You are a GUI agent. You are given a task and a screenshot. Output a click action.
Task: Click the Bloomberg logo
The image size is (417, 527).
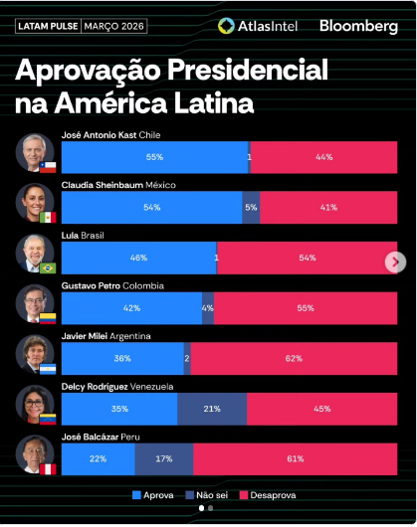[x=358, y=27]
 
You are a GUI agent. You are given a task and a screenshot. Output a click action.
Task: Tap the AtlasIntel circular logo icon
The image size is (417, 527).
[x=226, y=26]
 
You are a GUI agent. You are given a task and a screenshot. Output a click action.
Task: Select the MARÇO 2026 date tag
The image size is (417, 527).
[x=113, y=26]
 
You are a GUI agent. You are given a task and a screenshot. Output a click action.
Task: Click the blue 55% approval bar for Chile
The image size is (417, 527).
[x=154, y=157]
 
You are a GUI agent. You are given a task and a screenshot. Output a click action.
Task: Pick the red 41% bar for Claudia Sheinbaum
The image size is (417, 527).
[x=328, y=208]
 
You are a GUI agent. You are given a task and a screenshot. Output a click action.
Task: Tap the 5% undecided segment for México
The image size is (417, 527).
[x=251, y=208]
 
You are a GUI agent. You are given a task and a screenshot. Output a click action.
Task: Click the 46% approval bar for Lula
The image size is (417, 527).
[x=139, y=258]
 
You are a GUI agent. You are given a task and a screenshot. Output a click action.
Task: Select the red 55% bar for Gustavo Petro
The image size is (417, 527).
[x=306, y=308]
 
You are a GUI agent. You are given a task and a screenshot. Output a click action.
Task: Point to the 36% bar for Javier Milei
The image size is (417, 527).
[x=122, y=359]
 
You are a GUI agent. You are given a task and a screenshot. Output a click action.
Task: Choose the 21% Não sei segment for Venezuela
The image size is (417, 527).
[x=212, y=409]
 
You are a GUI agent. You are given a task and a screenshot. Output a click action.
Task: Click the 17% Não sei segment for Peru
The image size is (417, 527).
[x=164, y=459]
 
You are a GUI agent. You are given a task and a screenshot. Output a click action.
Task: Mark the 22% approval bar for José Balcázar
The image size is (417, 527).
[x=99, y=459]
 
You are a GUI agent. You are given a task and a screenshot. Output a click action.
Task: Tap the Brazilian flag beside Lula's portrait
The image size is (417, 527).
[x=48, y=268]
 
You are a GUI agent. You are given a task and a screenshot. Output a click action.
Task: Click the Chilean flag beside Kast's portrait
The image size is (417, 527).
[x=48, y=167]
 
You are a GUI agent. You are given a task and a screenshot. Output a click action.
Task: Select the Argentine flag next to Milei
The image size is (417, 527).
[x=48, y=369]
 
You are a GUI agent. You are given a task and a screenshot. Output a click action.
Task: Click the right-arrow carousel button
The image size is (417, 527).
[x=395, y=263]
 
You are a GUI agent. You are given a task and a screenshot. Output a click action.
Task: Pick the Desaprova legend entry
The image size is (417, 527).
[x=268, y=495]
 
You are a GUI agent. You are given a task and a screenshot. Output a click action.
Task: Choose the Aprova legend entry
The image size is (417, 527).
[x=153, y=495]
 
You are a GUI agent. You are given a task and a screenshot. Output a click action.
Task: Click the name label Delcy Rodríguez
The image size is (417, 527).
[x=95, y=387]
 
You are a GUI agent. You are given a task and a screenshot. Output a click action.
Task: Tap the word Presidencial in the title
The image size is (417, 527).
[x=248, y=70]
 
